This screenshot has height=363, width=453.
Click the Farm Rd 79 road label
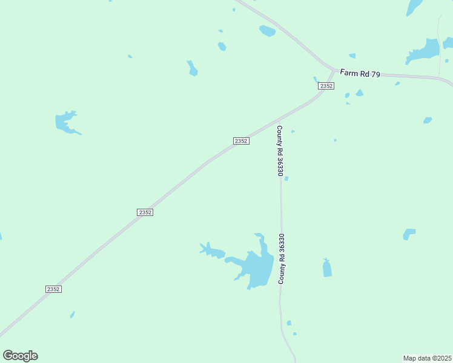point(360,73)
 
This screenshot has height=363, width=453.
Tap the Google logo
point(20,356)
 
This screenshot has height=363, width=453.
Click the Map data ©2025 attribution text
point(428,358)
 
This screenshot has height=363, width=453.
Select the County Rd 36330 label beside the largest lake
point(282,260)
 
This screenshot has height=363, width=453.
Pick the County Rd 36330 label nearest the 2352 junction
point(280,151)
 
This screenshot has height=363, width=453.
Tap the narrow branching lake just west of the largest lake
point(211,250)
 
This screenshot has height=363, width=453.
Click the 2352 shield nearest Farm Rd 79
point(326,86)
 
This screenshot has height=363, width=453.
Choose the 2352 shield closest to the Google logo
point(53,289)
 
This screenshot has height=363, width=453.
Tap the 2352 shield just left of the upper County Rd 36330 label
point(241,141)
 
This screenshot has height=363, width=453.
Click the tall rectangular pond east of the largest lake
point(327,267)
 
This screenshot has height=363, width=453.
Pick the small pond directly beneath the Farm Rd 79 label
point(360,93)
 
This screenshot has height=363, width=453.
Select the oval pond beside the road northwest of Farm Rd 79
point(267,31)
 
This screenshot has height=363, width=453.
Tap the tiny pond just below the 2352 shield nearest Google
point(72,315)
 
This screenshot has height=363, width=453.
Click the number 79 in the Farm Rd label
point(375,74)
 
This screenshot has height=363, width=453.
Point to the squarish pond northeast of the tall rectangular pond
point(409,234)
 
